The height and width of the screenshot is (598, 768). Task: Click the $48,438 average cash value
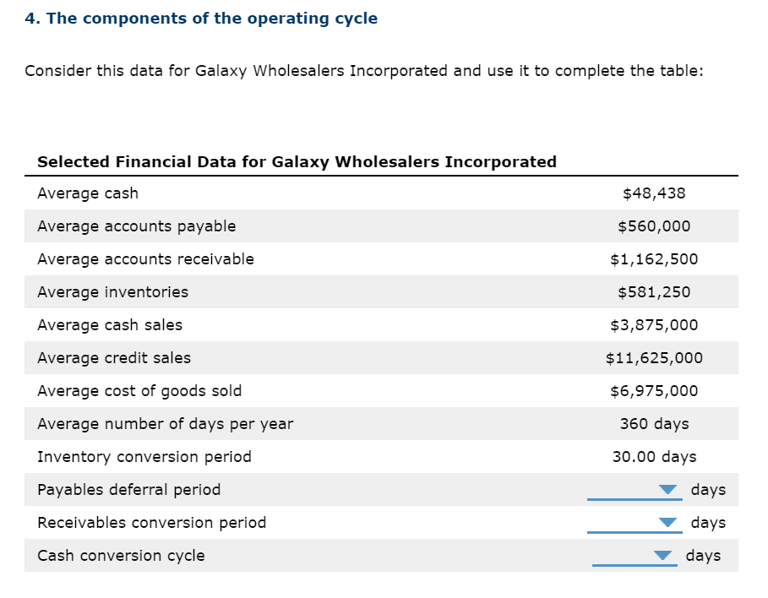[653, 193]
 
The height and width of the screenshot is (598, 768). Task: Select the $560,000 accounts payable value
[653, 226]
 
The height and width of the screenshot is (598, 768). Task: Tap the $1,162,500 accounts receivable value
[653, 259]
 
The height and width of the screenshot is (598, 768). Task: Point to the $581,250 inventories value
[653, 292]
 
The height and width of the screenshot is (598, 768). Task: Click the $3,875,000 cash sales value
[653, 325]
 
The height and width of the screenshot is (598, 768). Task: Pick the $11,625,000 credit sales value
[653, 358]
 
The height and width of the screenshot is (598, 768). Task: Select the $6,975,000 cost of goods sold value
[653, 391]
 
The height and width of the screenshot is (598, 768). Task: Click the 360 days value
[653, 424]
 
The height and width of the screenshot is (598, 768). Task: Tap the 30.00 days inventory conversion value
[653, 457]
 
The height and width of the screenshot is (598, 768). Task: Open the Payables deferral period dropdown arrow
[668, 490]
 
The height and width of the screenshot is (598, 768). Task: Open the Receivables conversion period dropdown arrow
[668, 523]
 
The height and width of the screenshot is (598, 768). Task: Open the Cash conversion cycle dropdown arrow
[664, 556]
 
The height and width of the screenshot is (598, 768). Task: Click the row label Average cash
[88, 193]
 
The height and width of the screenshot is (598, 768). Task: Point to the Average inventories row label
[112, 292]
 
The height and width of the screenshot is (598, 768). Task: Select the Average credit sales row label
[114, 358]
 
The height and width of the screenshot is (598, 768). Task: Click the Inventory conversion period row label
[144, 457]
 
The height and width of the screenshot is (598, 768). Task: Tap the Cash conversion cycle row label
[121, 556]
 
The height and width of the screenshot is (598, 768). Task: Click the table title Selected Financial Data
[297, 161]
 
